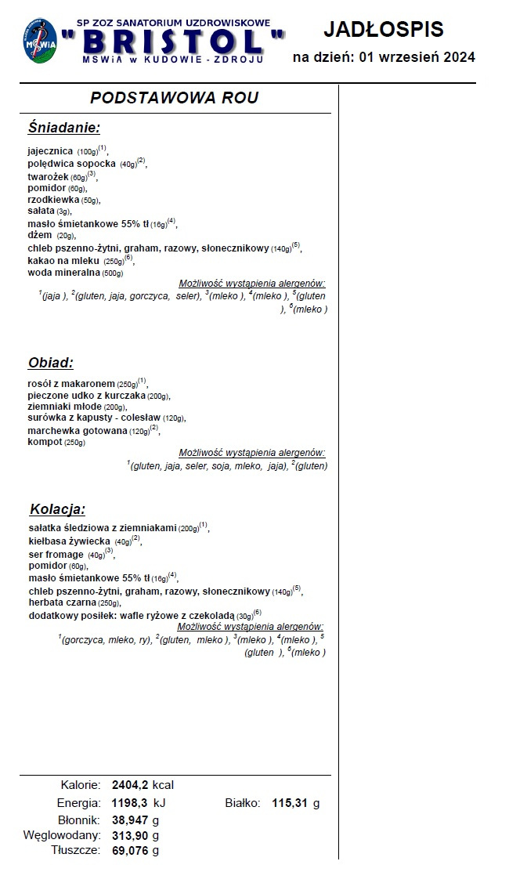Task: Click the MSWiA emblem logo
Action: click(39, 42)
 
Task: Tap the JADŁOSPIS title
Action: click(383, 30)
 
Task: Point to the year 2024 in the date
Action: click(454, 57)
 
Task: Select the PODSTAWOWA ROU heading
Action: click(174, 98)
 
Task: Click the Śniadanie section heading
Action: click(63, 128)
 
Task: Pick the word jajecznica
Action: click(50, 150)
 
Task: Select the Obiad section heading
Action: click(51, 363)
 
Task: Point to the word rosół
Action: click(39, 383)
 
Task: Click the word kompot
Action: click(45, 443)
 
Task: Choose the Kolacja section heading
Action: click(57, 509)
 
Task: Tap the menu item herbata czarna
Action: click(62, 602)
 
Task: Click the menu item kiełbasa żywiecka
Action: click(69, 541)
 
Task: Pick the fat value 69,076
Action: click(130, 850)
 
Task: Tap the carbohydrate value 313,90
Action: click(130, 835)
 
